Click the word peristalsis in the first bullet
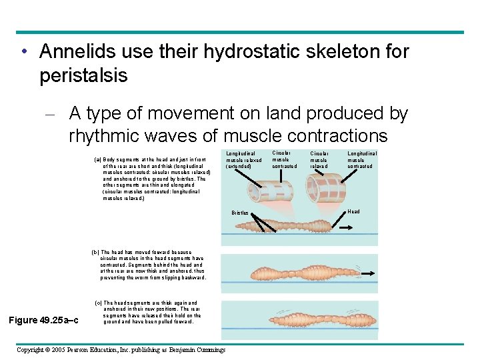tap(83, 75)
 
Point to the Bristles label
tap(239, 213)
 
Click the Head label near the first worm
tap(353, 211)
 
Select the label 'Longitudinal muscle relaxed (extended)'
tap(244, 160)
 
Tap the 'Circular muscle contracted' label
tap(285, 159)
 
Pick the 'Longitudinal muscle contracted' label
tap(362, 160)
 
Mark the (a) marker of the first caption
tap(97, 160)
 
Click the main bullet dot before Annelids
tap(23, 52)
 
